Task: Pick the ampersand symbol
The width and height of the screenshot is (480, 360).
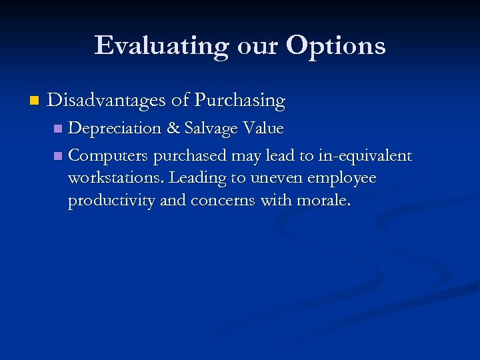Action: coord(173,128)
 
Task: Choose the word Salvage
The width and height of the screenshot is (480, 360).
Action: coord(211,128)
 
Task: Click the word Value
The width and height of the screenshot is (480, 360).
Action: coord(263,127)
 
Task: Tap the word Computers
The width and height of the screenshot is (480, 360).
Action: coord(109,156)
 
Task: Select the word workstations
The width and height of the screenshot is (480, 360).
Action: coord(116,179)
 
